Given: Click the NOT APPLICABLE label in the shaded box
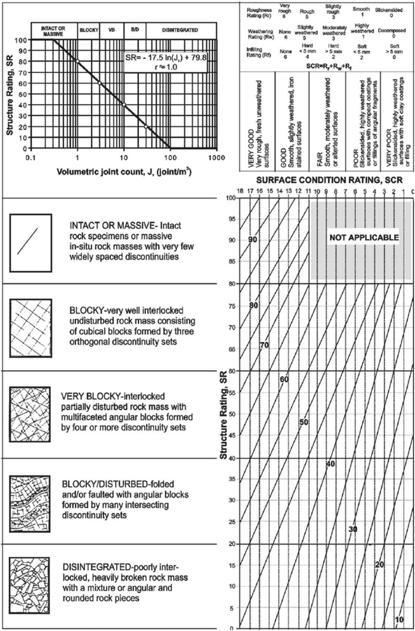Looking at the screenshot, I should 363,237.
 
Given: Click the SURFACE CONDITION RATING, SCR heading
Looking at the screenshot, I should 321,180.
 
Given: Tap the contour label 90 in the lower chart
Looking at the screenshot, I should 253,240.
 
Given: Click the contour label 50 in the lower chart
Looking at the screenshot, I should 303,422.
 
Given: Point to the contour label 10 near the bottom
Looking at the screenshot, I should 400,620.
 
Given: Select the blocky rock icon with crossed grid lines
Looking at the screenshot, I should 29,324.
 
